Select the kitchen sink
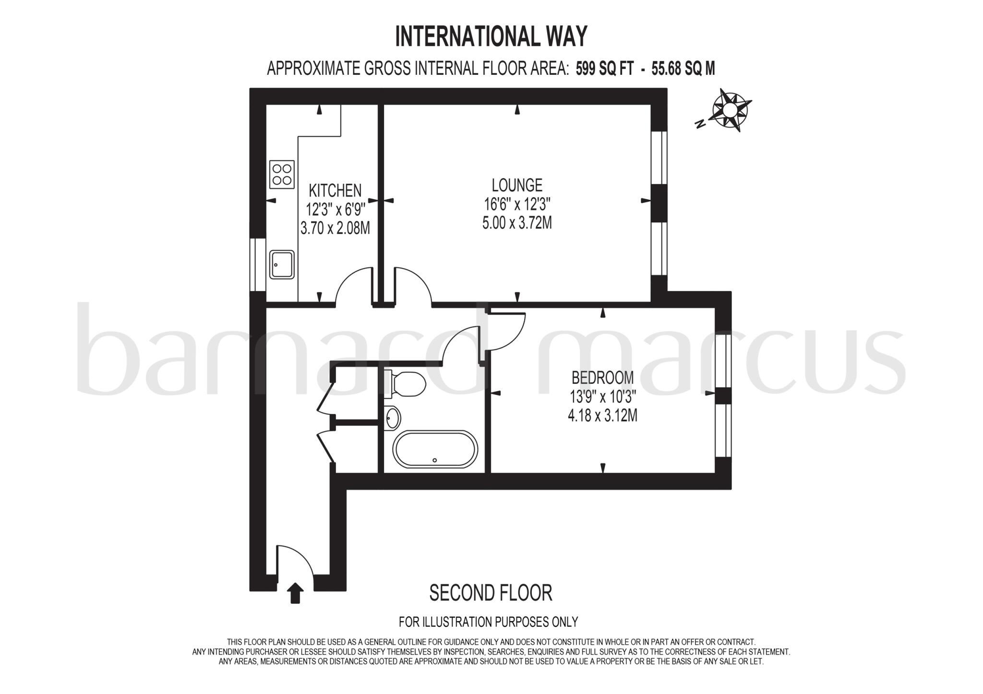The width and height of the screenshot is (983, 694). click(x=282, y=264)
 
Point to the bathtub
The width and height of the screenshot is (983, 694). click(x=435, y=449)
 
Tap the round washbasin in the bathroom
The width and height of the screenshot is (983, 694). click(x=393, y=417)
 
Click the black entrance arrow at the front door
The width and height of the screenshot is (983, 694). click(x=295, y=593)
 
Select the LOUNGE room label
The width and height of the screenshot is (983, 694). click(x=517, y=185)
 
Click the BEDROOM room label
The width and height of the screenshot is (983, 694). click(x=602, y=378)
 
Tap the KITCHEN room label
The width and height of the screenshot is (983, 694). click(x=335, y=191)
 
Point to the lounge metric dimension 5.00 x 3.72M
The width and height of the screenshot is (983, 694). click(x=517, y=223)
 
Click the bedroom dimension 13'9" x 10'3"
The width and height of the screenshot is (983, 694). click(x=602, y=397)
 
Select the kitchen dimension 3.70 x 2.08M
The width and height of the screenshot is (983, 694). click(x=335, y=228)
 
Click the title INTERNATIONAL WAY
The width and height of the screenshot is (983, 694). click(x=491, y=36)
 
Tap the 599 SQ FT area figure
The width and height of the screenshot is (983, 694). click(x=604, y=69)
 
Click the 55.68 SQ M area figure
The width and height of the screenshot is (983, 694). click(x=683, y=69)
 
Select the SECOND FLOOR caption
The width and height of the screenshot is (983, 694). click(x=491, y=593)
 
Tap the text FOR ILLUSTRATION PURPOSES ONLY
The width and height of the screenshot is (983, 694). click(x=488, y=622)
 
